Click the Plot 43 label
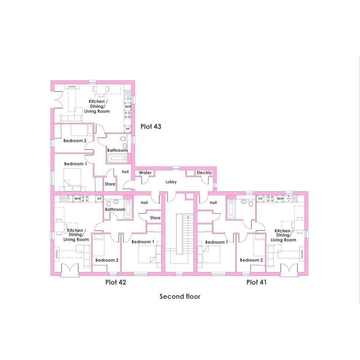(151, 126)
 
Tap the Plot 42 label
(116, 282)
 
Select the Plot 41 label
(256, 282)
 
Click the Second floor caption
(180, 296)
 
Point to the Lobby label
(171, 182)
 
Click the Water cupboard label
(145, 173)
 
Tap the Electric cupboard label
(204, 173)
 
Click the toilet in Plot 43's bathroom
(124, 139)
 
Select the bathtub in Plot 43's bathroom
(117, 158)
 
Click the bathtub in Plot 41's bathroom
(231, 210)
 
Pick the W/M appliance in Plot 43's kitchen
(128, 107)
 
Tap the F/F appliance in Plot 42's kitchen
(99, 198)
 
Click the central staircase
(183, 234)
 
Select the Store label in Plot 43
(110, 184)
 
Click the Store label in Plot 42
(155, 218)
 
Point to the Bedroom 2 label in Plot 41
(251, 260)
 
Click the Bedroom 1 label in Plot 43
(75, 164)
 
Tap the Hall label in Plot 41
(213, 203)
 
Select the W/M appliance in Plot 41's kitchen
(280, 198)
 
